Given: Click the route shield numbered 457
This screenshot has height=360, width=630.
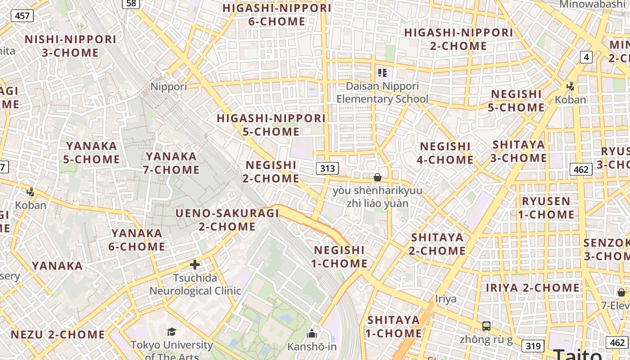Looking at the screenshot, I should coord(22,16).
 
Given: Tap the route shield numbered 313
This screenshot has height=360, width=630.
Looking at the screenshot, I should coord(327,168).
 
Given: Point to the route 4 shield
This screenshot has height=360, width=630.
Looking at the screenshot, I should coord(586,57).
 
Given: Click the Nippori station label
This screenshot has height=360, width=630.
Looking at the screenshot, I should coord(169,86).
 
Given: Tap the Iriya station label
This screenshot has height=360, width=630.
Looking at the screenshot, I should coord(445,299).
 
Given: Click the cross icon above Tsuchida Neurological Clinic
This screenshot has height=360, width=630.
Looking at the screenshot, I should coord(195,265).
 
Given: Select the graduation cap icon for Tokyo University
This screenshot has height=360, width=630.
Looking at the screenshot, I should coord(171,332).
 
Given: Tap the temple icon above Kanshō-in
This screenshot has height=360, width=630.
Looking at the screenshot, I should coord(312,333).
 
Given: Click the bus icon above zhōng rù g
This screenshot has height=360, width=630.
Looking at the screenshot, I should coord(486,326).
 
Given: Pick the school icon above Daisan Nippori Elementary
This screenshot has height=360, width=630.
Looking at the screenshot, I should coord(382,72).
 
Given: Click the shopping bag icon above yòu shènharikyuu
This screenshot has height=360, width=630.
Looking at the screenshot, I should coord(378,177).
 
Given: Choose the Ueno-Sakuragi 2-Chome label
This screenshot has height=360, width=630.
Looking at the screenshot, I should coord(227,220).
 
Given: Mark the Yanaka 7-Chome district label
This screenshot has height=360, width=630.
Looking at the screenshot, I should coord(171,163).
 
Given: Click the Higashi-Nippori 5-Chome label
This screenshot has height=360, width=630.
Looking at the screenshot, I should coord(271,125).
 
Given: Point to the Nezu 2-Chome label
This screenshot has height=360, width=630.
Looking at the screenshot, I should coord(58,334).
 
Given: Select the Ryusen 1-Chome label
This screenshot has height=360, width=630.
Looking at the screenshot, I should coord(546,207).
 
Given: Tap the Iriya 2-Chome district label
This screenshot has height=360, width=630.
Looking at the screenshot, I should coord(533,288).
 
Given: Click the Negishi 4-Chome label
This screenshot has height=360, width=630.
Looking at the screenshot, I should coord(445,153).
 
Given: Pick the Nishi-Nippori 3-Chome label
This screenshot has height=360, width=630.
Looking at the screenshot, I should coord(71,46).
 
